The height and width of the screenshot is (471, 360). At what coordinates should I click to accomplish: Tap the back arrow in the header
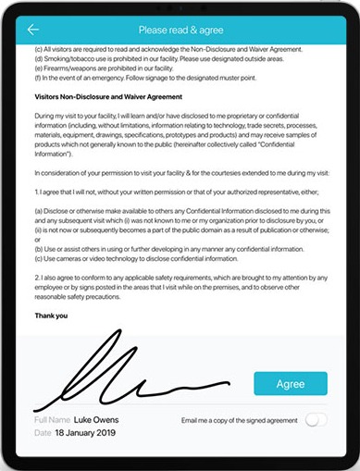(x=34, y=30)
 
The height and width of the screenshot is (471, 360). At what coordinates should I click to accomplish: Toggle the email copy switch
(x=316, y=420)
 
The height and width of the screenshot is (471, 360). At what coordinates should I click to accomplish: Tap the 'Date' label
(x=41, y=433)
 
